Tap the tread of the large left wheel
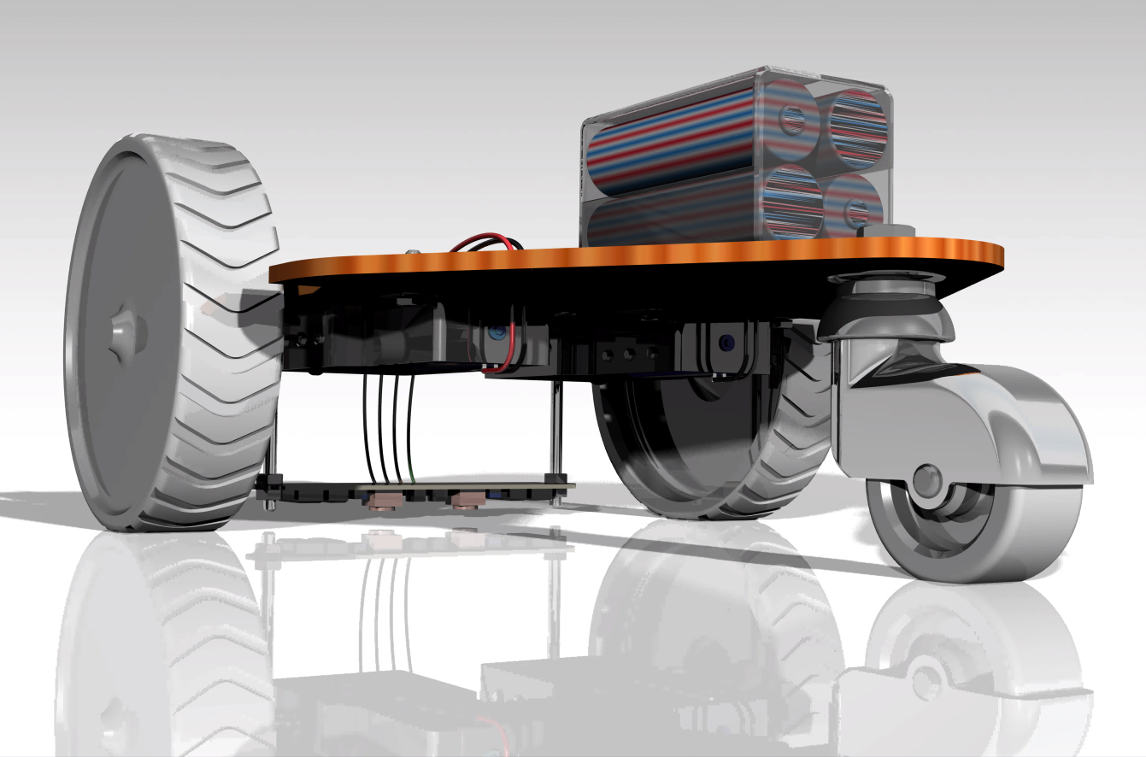pos(226,342)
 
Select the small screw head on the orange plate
pos(414,251)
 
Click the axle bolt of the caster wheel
pos(926,480)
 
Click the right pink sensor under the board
pos(467,499)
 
